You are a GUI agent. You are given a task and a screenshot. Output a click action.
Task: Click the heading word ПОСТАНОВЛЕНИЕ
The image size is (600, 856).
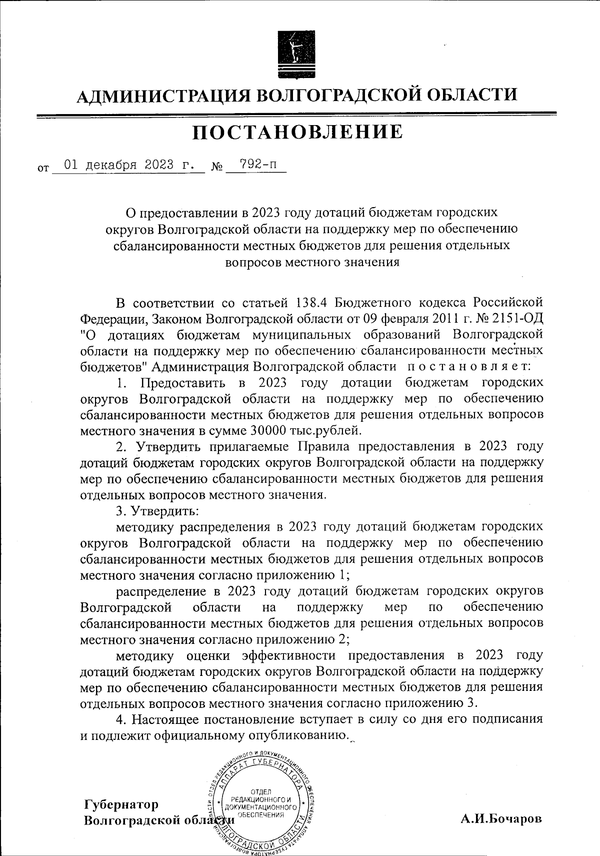[298, 132]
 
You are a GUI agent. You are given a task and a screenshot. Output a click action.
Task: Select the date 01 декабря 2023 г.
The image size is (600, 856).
[128, 165]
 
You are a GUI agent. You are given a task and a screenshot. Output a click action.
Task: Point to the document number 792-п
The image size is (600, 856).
[256, 165]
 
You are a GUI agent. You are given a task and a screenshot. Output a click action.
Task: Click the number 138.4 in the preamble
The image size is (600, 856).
[312, 303]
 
